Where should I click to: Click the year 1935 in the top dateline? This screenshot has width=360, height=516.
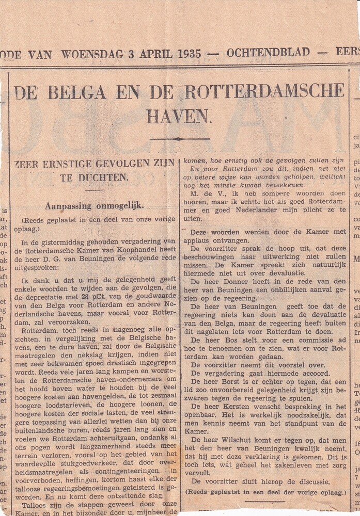[190, 53]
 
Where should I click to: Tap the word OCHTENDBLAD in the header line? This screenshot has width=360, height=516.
[268, 53]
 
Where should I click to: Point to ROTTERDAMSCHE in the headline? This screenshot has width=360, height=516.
[264, 91]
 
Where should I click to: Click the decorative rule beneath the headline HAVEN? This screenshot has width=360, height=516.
[180, 138]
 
